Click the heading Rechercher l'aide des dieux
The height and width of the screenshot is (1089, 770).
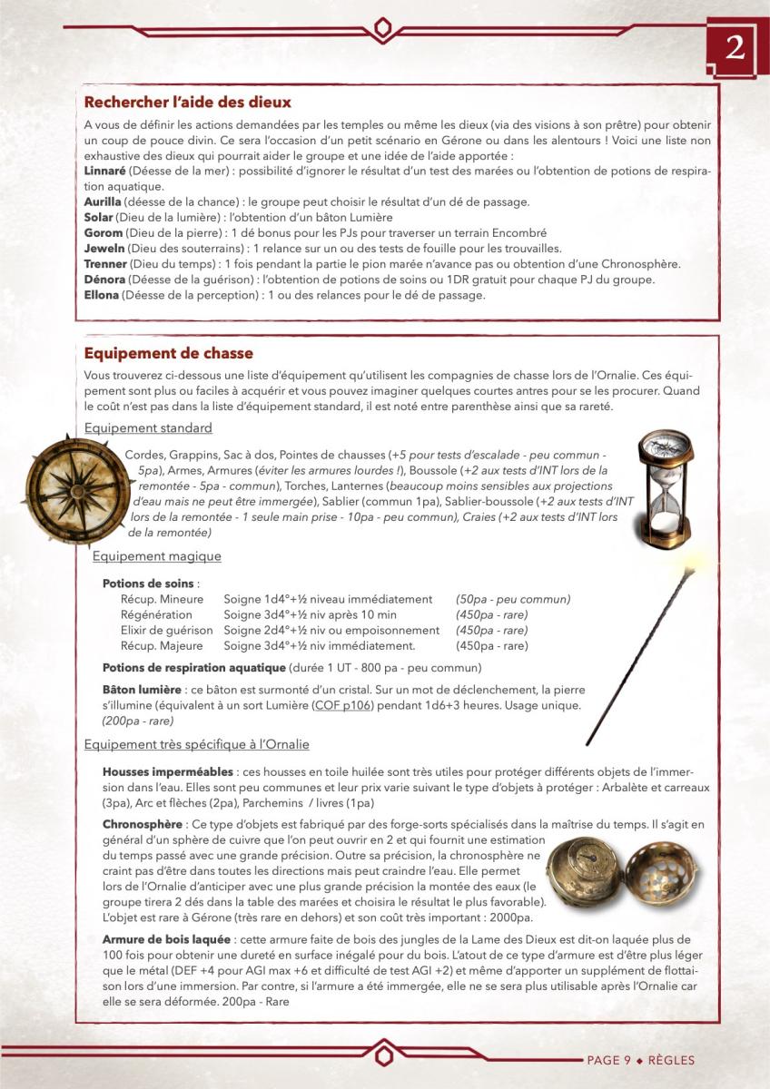(187, 103)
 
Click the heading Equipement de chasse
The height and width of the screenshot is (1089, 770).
(168, 353)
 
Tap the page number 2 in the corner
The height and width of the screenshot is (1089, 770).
(734, 48)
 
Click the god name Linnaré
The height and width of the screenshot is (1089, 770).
(104, 170)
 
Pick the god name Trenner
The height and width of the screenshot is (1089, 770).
(106, 263)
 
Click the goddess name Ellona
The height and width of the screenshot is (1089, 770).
(102, 295)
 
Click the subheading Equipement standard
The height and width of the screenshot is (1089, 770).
(148, 427)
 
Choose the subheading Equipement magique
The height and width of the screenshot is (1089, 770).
(156, 556)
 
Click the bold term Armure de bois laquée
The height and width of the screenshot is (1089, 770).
(166, 939)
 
